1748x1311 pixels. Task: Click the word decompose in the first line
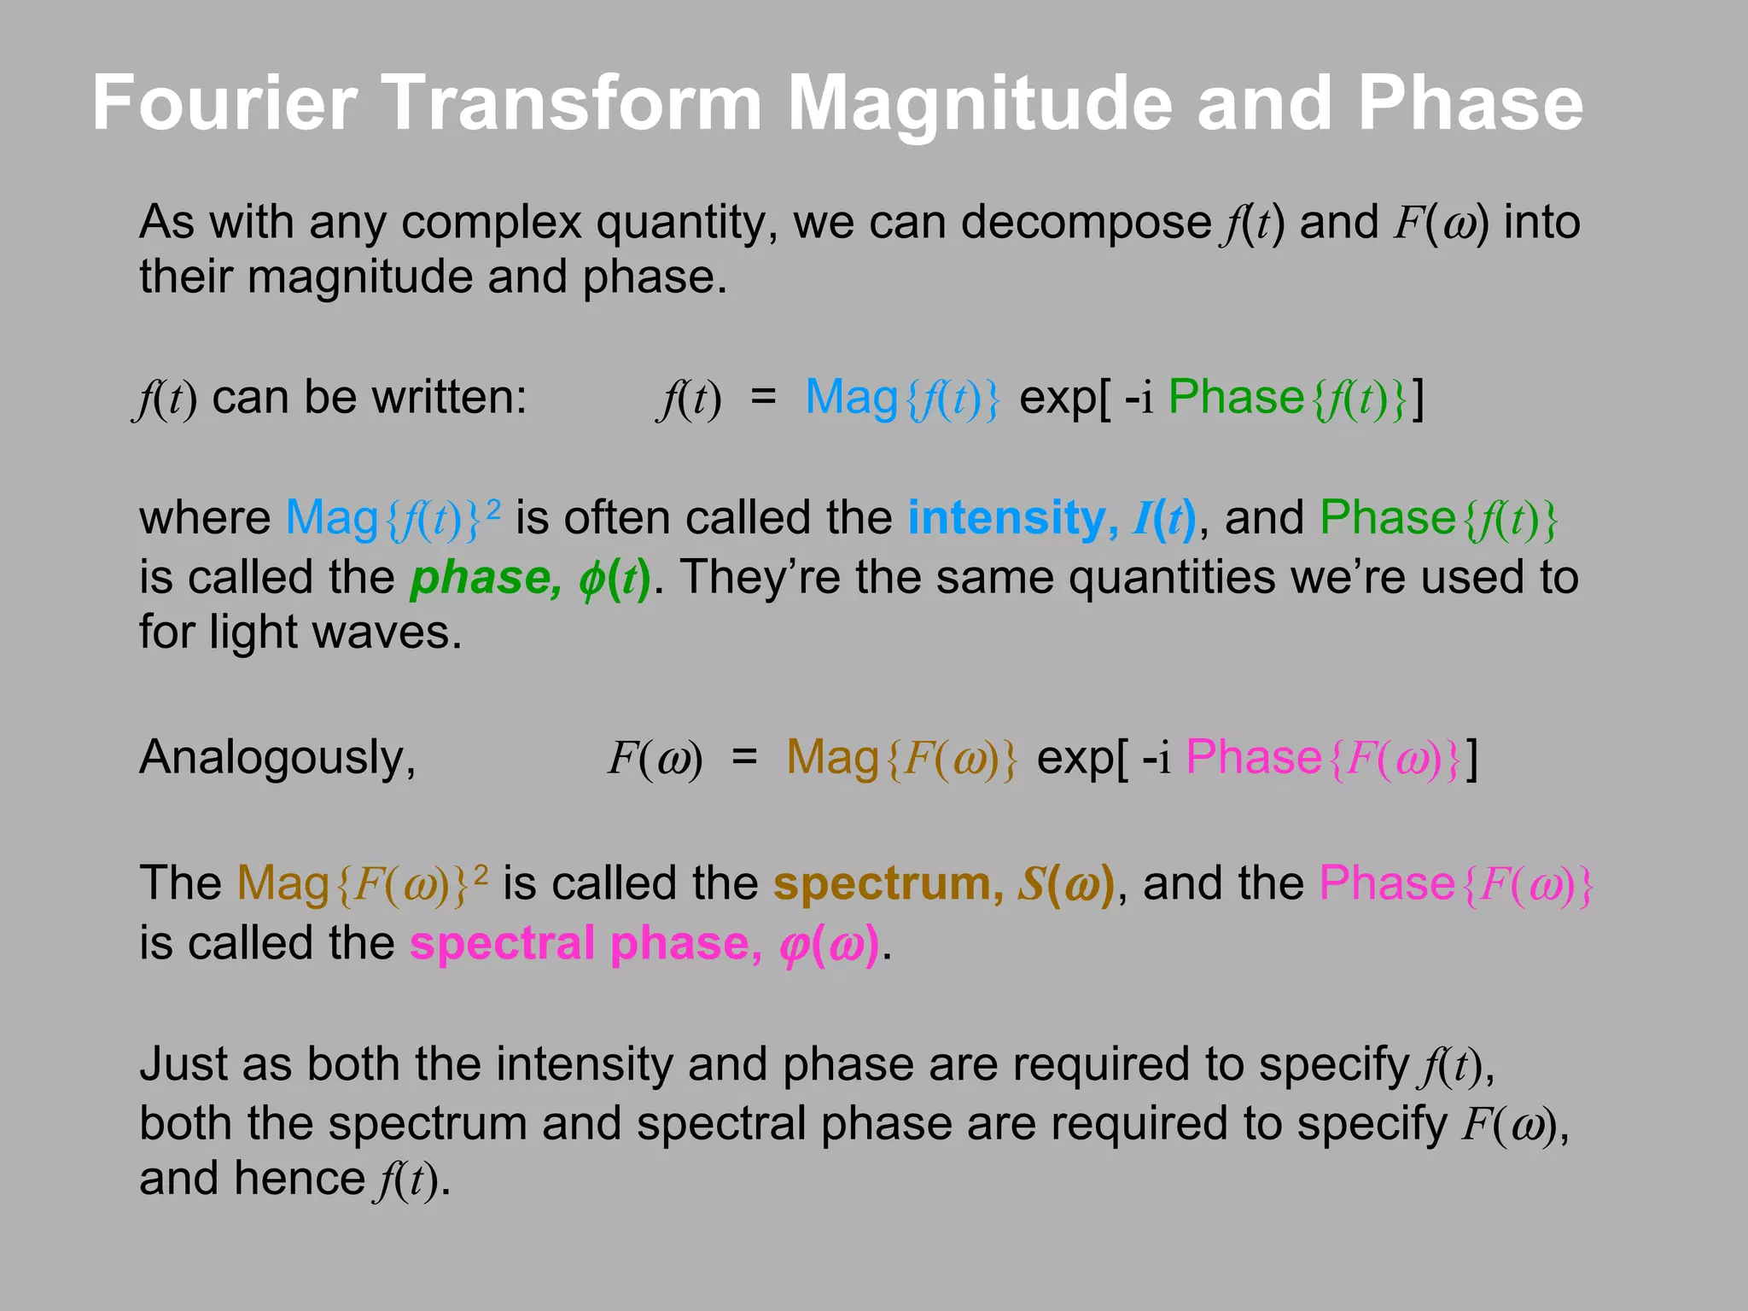[x=1085, y=223]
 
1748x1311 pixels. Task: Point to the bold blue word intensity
[x=1006, y=518]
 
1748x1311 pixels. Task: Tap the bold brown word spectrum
[x=887, y=883]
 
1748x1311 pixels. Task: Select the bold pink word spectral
[x=501, y=944]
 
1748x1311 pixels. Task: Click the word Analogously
[x=277, y=757]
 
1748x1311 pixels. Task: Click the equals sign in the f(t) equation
[x=763, y=398]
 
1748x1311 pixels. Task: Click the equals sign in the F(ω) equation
[x=744, y=757]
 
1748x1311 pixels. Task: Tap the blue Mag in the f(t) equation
[x=851, y=398]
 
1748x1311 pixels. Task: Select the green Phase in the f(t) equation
[x=1236, y=398]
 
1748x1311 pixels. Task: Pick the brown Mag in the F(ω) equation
[x=832, y=757]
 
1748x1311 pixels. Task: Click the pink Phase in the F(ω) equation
[x=1253, y=757]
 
